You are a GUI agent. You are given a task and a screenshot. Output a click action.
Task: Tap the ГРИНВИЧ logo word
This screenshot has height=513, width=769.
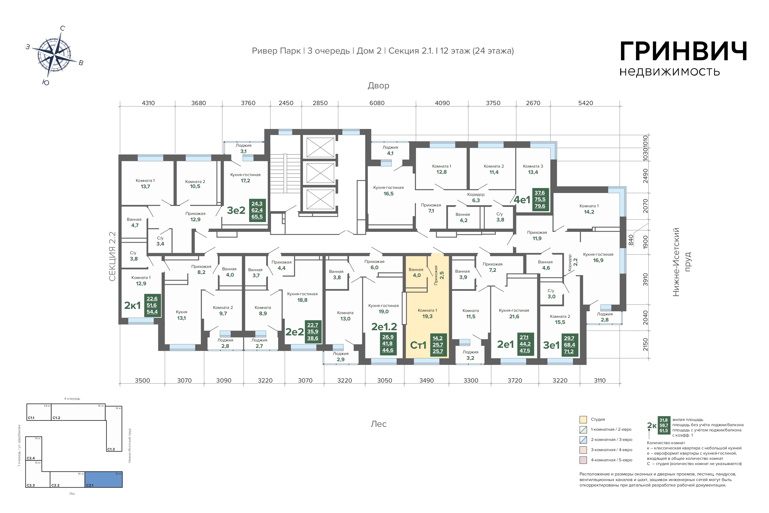[x=683, y=51]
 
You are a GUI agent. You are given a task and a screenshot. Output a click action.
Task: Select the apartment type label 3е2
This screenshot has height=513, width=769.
[x=236, y=210]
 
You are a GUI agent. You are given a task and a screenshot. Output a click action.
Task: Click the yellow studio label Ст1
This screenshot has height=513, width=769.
[x=418, y=345]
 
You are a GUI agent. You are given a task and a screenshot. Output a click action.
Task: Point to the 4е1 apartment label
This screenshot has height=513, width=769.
[x=522, y=200]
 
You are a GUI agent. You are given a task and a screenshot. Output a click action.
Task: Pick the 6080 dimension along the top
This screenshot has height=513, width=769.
[x=377, y=103]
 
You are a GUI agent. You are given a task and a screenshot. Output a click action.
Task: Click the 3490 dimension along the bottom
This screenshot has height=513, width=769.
[x=427, y=381]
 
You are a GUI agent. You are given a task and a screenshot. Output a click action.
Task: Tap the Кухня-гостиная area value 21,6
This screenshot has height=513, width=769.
[x=514, y=316]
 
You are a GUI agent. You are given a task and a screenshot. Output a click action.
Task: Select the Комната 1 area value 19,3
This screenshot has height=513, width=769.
[x=427, y=316]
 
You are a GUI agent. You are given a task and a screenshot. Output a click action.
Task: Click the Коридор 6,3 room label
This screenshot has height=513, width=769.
[x=476, y=197]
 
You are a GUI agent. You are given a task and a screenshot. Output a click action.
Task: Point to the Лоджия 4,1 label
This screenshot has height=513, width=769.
[x=390, y=150]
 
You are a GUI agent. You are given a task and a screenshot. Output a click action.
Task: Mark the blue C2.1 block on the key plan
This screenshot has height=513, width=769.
[x=104, y=480]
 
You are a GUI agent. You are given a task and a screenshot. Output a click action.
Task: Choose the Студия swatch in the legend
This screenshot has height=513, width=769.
[x=583, y=419]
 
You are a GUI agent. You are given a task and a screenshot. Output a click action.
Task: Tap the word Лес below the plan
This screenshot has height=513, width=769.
[x=379, y=424]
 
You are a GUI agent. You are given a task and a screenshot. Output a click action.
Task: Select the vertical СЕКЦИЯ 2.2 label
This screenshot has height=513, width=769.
[x=112, y=257]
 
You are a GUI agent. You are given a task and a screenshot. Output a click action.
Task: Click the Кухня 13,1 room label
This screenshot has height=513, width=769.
[x=181, y=315]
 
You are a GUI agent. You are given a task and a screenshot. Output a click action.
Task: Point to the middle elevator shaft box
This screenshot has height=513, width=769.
[x=320, y=173]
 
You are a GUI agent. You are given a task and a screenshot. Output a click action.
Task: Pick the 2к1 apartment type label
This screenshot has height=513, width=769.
[x=132, y=306]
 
